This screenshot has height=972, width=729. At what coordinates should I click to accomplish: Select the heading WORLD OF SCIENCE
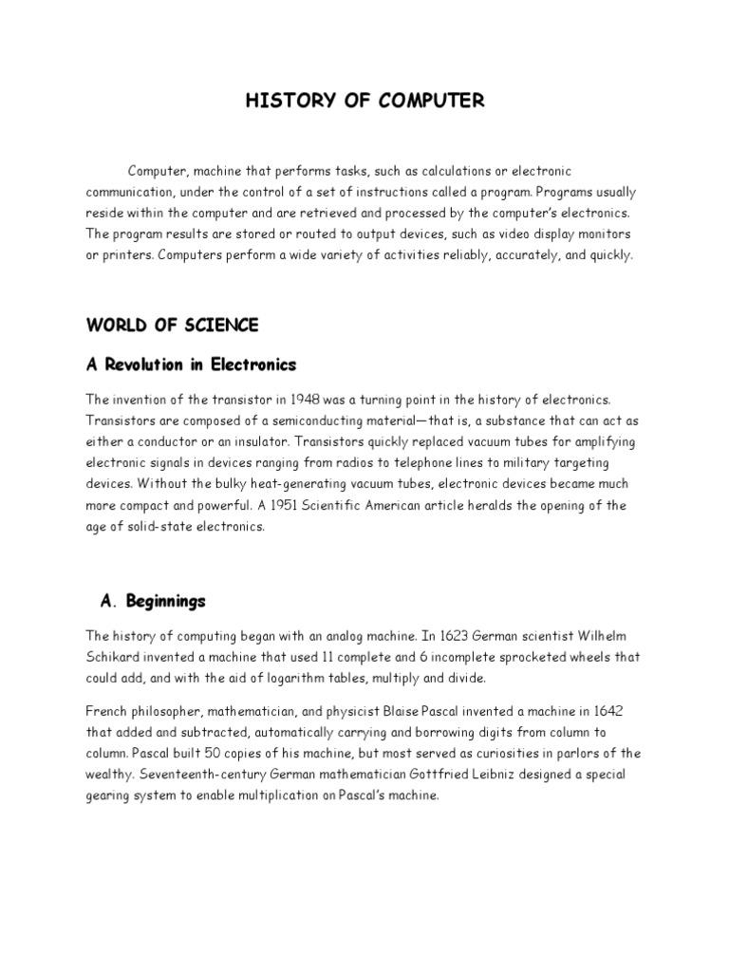(x=172, y=326)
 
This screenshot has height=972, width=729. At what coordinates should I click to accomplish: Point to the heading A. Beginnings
(x=153, y=602)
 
